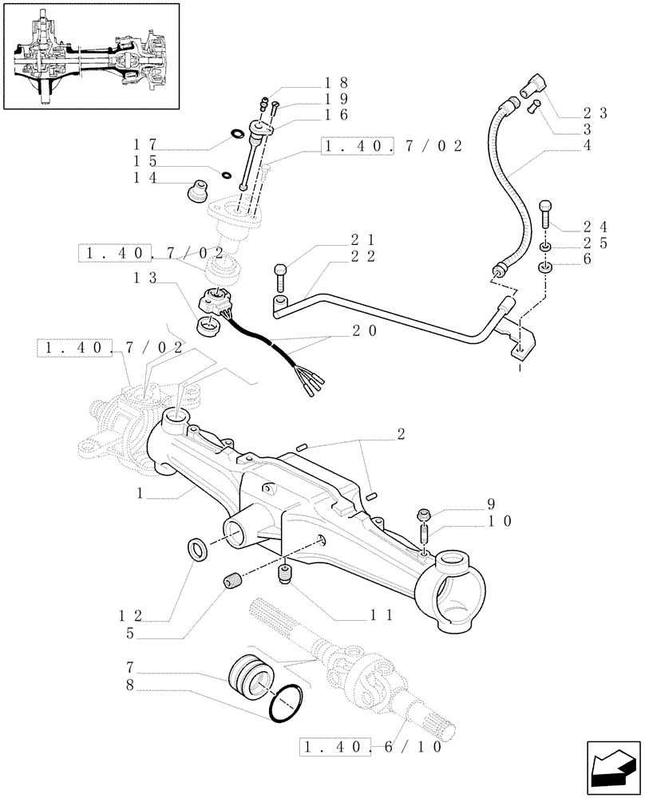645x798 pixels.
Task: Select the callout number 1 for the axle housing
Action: point(140,494)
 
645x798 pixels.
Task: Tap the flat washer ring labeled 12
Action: point(196,548)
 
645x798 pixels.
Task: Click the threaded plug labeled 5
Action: point(234,582)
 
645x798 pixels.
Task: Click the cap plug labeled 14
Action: point(195,194)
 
